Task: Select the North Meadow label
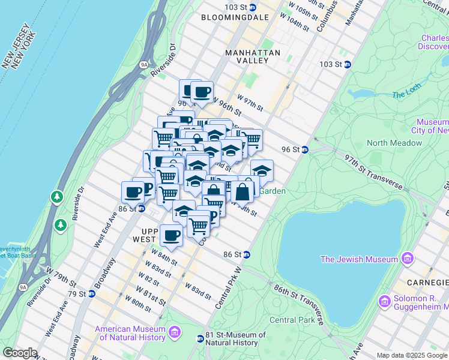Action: [394, 143]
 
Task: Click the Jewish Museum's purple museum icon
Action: [408, 259]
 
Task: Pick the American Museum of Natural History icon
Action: [175, 332]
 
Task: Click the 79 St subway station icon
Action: [91, 294]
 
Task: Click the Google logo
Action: [20, 353]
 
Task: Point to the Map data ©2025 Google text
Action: [411, 355]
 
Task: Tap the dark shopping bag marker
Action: [243, 193]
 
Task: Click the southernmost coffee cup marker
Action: [171, 235]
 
